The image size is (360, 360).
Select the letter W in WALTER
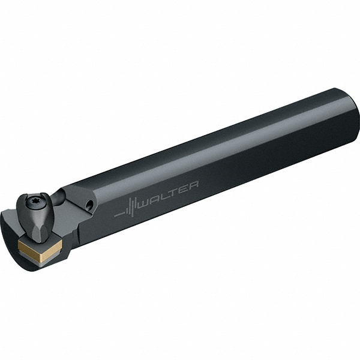point(147,200)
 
